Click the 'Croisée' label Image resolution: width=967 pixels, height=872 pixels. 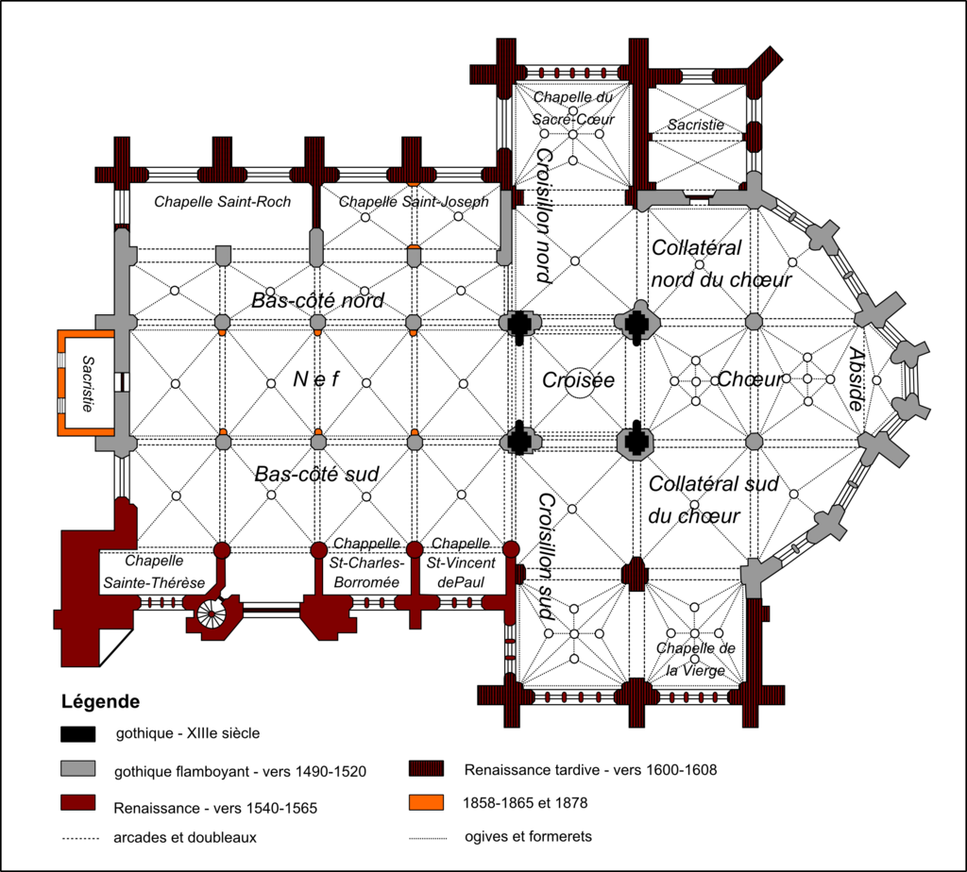click(x=578, y=380)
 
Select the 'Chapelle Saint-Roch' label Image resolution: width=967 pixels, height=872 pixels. click(x=222, y=202)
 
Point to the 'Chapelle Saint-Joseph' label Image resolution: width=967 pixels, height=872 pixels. click(x=414, y=202)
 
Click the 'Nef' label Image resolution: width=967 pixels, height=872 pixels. click(x=315, y=379)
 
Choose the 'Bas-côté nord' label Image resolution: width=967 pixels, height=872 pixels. click(x=317, y=300)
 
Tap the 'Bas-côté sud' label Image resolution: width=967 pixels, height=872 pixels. click(x=316, y=474)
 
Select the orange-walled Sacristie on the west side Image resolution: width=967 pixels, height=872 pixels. click(x=86, y=383)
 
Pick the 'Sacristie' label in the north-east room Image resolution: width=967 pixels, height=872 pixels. click(x=696, y=125)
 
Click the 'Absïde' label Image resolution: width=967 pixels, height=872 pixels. click(x=856, y=378)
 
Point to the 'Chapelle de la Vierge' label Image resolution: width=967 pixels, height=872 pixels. click(x=696, y=659)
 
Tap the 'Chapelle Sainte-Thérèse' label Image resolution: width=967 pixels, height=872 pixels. click(x=154, y=571)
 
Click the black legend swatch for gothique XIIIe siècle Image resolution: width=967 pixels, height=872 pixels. click(x=78, y=734)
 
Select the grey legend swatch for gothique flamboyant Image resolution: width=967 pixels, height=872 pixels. click(x=78, y=768)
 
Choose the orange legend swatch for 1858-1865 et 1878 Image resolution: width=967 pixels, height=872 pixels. click(x=426, y=802)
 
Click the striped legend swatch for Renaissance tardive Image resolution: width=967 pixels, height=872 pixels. click(x=426, y=768)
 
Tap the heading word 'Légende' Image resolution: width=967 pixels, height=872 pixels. click(x=100, y=701)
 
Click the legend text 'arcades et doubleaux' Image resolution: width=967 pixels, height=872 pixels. click(x=185, y=837)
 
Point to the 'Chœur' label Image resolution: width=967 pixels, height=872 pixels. click(x=750, y=379)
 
